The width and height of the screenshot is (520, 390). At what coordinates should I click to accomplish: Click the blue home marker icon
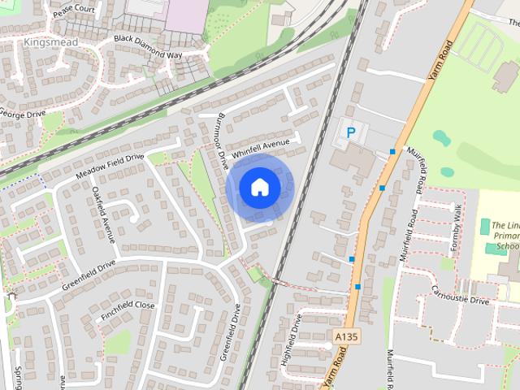259,188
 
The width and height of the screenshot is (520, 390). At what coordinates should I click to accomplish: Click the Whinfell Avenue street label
260,148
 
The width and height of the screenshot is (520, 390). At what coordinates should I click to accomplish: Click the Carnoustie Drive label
460,294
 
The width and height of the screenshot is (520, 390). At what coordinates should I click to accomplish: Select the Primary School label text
505,235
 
